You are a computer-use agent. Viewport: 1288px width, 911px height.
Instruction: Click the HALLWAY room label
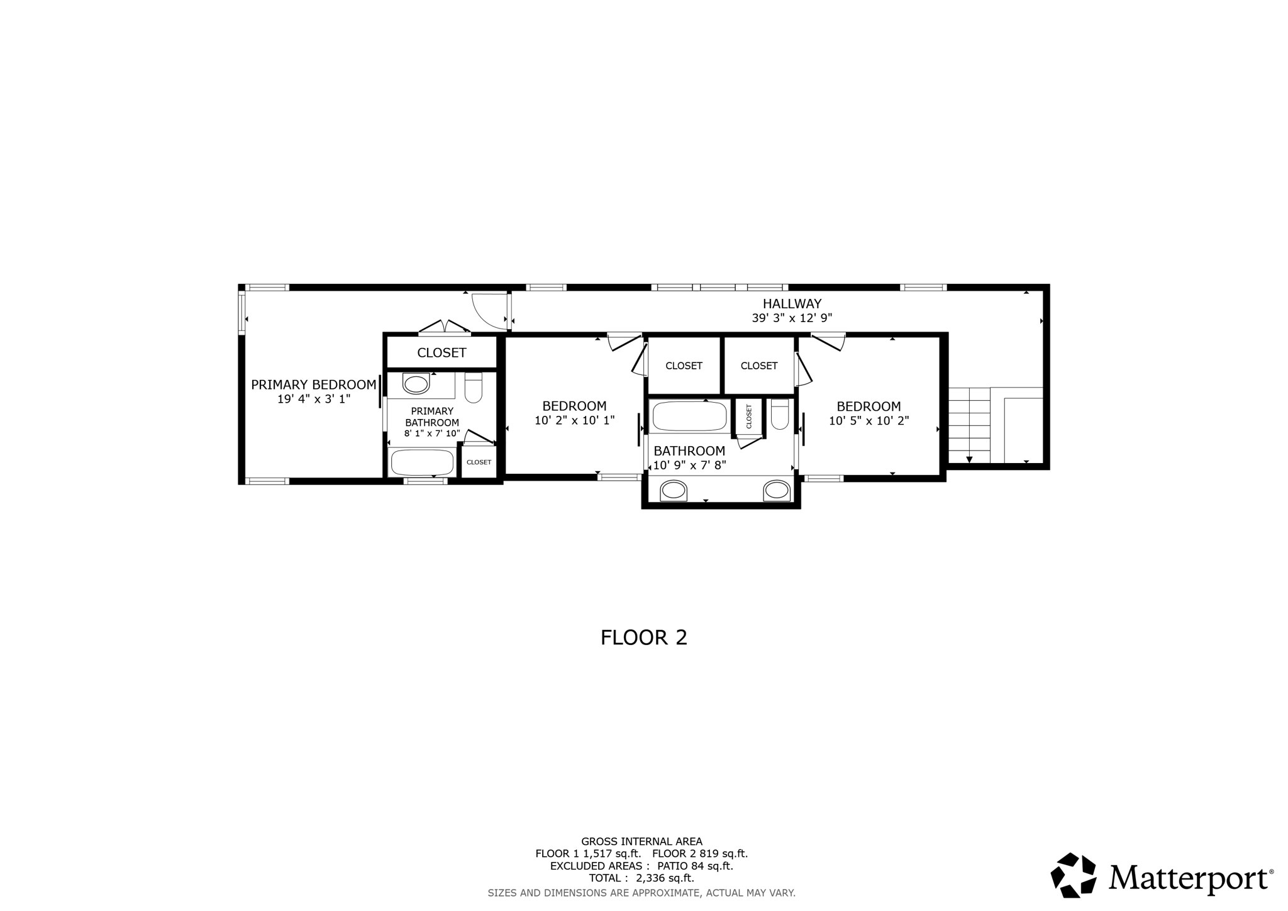(x=792, y=304)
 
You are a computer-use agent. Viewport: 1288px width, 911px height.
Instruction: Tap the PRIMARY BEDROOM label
(x=313, y=384)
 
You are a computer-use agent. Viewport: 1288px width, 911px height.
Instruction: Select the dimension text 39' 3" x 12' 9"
(x=792, y=318)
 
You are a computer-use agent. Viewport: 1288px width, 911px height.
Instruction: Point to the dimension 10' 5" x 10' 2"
(x=869, y=421)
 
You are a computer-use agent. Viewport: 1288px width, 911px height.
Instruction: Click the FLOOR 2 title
(x=644, y=637)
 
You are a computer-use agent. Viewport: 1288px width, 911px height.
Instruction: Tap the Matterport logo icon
(x=1074, y=875)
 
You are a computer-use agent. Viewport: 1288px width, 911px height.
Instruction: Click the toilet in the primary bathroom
(x=473, y=388)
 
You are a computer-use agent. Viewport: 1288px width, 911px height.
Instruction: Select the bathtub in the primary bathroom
(x=422, y=462)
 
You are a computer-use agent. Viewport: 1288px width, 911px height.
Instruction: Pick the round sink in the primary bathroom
(x=416, y=384)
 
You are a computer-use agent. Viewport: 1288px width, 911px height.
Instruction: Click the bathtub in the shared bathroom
(x=690, y=416)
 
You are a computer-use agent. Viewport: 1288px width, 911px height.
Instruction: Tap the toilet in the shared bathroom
(x=780, y=414)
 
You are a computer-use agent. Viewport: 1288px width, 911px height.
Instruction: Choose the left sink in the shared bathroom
(x=674, y=491)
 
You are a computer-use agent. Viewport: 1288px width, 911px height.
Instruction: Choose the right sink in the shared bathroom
(x=777, y=491)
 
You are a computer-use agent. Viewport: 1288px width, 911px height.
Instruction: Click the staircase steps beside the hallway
(x=969, y=425)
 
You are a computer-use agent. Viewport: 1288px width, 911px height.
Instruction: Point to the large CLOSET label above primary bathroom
(x=441, y=353)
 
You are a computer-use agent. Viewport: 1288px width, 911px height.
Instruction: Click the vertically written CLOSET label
(x=749, y=416)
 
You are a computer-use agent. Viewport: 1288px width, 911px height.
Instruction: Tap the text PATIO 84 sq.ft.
(x=695, y=866)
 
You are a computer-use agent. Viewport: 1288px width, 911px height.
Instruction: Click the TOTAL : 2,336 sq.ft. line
(x=641, y=878)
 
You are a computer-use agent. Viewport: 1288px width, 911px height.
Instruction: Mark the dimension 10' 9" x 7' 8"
(x=690, y=466)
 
